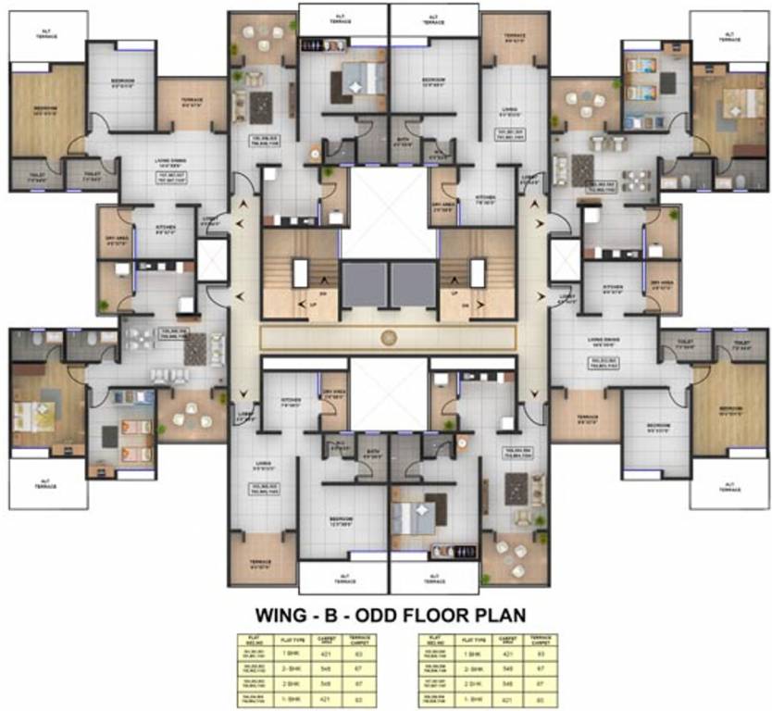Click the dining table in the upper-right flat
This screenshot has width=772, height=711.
click(x=636, y=180)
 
